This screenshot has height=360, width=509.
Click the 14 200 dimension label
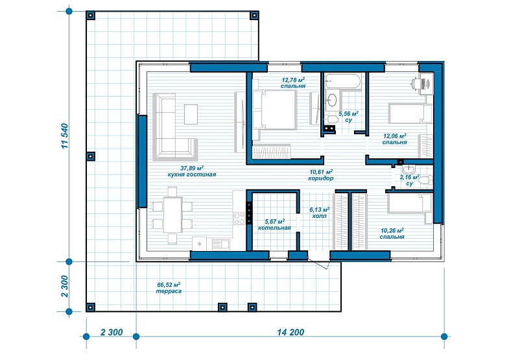click(290, 332)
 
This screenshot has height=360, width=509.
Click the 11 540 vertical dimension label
click(65, 136)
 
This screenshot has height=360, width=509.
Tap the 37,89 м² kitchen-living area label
click(192, 171)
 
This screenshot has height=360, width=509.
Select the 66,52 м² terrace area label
click(169, 288)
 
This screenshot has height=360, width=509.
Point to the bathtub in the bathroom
click(343, 81)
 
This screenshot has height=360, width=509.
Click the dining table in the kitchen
click(172, 215)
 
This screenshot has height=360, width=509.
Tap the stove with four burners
click(239, 218)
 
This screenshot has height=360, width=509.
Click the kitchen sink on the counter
click(220, 244)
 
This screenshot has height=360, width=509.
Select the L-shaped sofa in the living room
click(175, 126)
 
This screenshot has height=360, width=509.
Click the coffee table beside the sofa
click(191, 114)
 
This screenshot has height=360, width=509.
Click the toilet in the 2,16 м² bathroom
click(425, 180)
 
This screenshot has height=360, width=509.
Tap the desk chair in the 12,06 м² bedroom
click(416, 82)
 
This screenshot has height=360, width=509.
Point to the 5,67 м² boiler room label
click(274, 224)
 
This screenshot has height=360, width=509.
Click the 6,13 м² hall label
click(320, 213)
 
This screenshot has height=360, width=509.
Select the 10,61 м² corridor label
click(321, 175)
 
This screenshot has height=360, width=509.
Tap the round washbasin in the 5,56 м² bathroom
click(332, 99)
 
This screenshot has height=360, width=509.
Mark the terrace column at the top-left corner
click(91, 16)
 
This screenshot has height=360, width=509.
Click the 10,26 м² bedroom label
click(392, 234)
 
